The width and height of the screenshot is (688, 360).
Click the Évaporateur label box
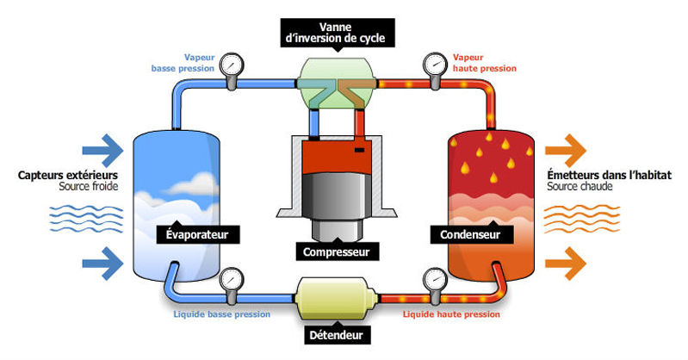click(198, 233)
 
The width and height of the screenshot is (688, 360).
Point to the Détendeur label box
click(337, 334)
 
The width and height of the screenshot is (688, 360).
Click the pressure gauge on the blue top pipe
click(232, 65)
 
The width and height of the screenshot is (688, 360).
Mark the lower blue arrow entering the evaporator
click(102, 260)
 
